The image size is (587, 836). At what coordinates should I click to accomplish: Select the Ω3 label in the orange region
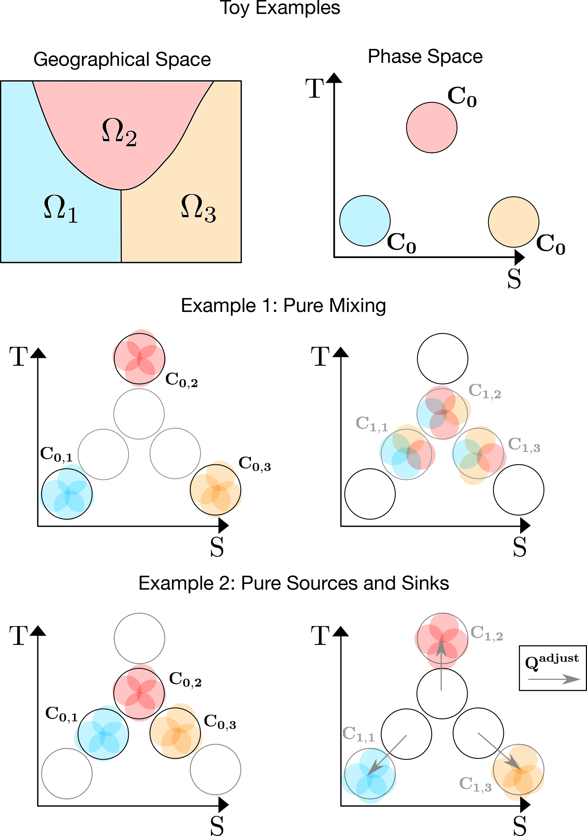click(x=198, y=208)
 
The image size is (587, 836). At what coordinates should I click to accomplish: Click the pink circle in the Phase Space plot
click(x=431, y=127)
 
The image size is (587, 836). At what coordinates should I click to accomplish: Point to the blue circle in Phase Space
click(x=365, y=221)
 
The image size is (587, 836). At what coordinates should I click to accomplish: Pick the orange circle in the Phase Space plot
click(x=513, y=222)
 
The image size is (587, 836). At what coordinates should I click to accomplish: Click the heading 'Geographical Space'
click(x=122, y=59)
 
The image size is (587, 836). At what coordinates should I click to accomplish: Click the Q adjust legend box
click(x=552, y=668)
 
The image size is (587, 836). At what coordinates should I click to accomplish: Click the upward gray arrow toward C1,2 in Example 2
click(x=441, y=666)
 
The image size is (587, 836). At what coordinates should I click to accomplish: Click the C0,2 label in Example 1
click(x=181, y=380)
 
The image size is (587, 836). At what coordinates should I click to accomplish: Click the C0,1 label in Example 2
click(x=62, y=714)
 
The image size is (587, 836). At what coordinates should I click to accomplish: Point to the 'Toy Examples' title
click(x=280, y=8)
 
